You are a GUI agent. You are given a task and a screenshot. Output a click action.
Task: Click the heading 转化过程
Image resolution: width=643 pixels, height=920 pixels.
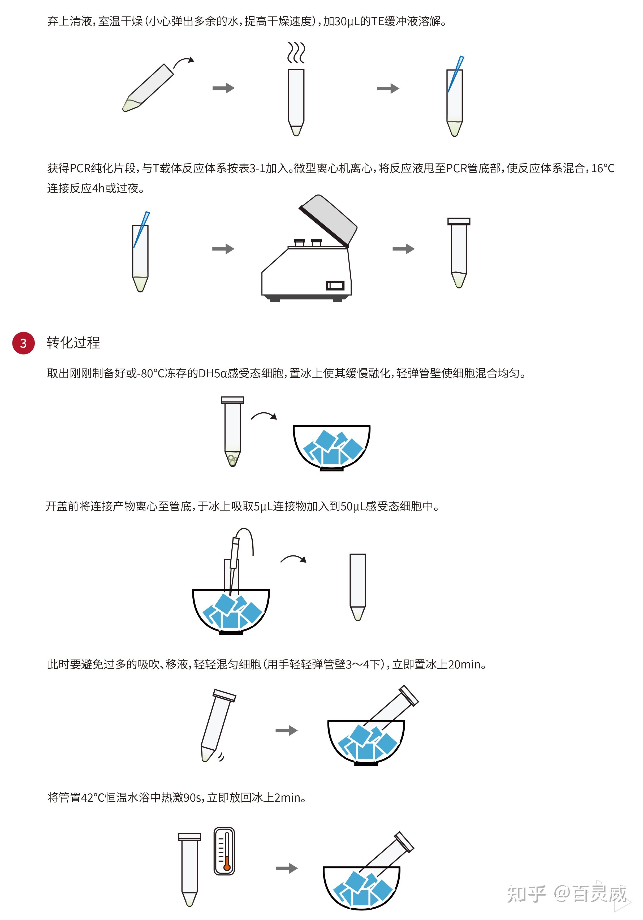pyautogui.click(x=73, y=343)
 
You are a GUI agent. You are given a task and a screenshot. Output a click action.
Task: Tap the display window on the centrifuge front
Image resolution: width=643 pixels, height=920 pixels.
pyautogui.click(x=335, y=285)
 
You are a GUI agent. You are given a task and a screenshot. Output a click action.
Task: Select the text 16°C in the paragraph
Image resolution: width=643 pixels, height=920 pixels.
pyautogui.click(x=603, y=168)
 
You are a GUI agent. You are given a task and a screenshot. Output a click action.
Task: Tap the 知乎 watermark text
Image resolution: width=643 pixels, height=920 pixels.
pyautogui.click(x=526, y=893)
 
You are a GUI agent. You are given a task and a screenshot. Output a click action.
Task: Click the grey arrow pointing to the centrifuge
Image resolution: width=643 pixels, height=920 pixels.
pyautogui.click(x=223, y=249)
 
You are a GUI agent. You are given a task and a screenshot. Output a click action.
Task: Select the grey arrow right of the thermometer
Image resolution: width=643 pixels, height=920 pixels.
pyautogui.click(x=286, y=868)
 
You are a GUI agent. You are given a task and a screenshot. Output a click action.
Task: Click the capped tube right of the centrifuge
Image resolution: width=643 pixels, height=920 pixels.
pyautogui.click(x=459, y=252)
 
